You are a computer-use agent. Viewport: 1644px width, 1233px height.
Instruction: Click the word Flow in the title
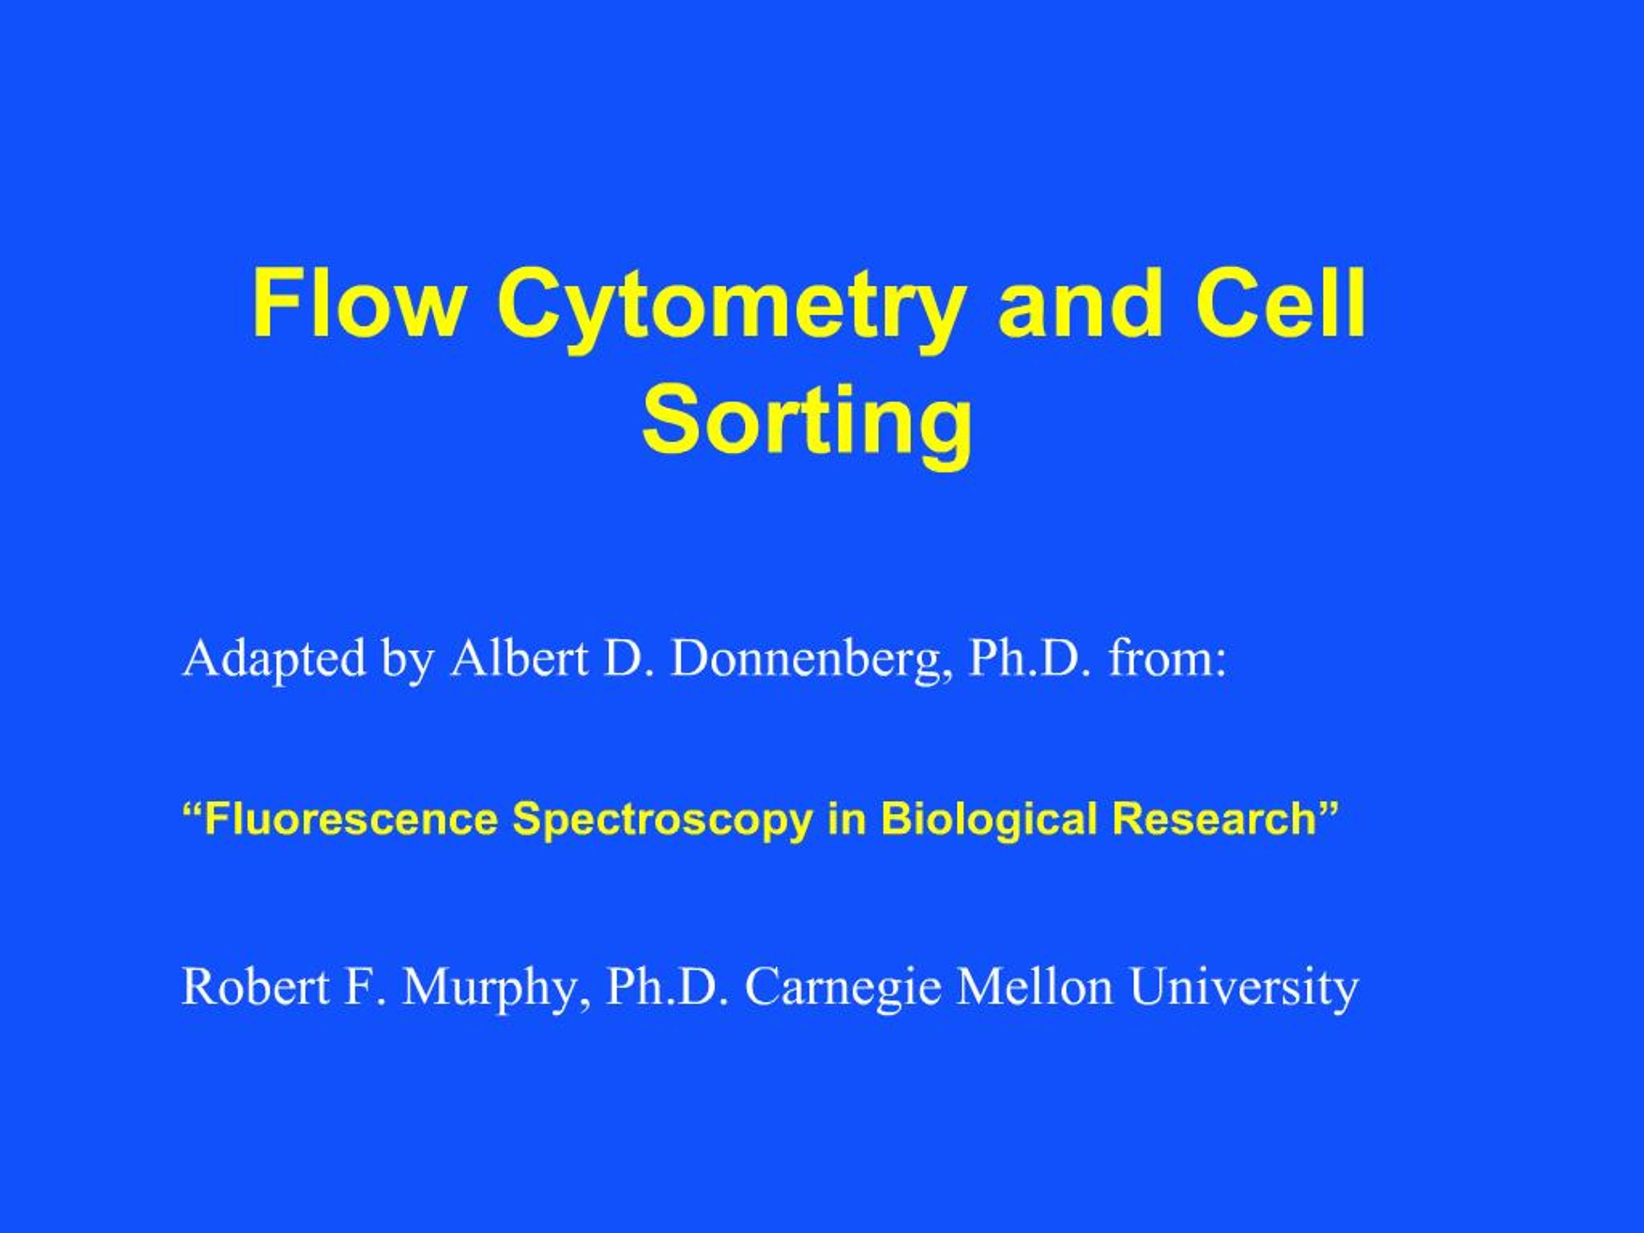357,305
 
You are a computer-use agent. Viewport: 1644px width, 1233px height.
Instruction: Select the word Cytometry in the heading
732,308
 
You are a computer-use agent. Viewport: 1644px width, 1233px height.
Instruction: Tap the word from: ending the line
1167,658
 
